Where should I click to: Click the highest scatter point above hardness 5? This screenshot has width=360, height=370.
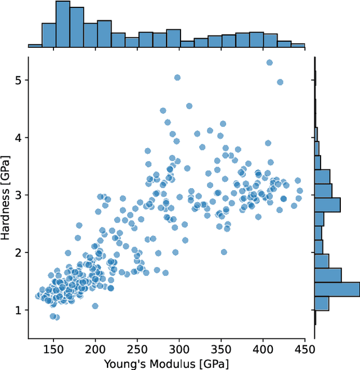click(269, 63)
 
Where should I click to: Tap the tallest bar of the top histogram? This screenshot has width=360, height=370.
click(63, 24)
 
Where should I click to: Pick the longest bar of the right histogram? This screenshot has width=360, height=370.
click(336, 289)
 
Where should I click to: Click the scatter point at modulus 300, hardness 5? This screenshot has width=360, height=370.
click(177, 78)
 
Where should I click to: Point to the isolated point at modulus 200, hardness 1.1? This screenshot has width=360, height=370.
click(95, 306)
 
